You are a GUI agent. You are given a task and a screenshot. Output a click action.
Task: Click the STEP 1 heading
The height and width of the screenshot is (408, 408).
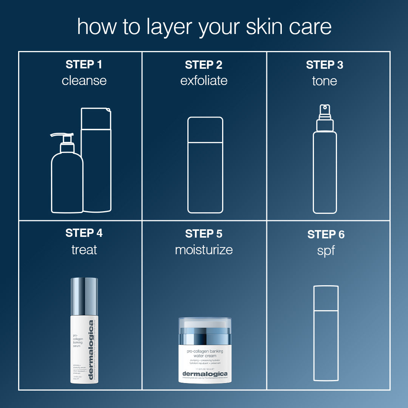point(84,65)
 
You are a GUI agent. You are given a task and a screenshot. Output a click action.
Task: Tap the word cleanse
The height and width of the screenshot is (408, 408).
point(84,80)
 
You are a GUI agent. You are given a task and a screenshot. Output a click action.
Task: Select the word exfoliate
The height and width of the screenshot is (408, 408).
point(204,80)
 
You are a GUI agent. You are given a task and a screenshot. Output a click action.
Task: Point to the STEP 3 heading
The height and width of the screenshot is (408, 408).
point(325,65)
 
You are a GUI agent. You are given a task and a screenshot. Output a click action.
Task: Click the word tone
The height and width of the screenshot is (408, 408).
point(325,80)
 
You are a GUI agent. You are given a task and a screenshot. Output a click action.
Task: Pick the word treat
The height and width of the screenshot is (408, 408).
point(84,250)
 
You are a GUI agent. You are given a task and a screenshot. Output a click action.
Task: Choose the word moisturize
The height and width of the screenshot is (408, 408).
point(204,250)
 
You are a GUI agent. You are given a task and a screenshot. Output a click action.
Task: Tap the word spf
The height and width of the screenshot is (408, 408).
point(326,250)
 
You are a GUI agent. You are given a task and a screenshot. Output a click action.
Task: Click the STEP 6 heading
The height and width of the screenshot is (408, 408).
point(326,235)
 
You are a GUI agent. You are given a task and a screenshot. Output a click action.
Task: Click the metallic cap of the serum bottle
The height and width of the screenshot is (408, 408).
point(84,291)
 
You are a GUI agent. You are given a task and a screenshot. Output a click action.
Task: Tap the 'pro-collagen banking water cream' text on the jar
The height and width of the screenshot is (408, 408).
point(205,353)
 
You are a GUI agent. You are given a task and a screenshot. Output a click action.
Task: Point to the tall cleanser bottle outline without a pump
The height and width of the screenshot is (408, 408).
point(97,162)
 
